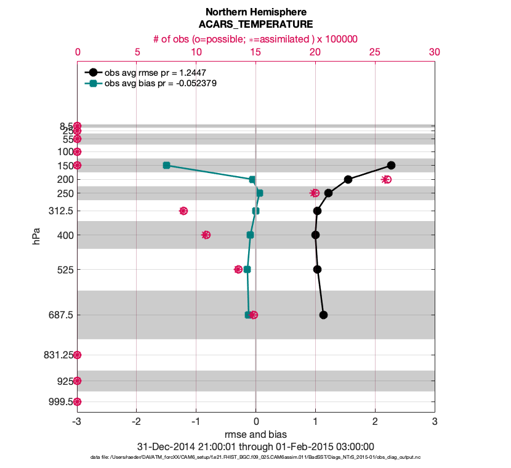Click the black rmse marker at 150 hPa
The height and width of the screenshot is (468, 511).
tap(391, 165)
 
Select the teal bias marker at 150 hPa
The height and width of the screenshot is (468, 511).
tap(166, 165)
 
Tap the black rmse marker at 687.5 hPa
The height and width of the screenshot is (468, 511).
tap(323, 315)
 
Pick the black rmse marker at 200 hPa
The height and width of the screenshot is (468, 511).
tap(348, 179)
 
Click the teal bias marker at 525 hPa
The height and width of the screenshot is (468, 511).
tap(247, 269)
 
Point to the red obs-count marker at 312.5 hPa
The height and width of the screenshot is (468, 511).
tap(183, 211)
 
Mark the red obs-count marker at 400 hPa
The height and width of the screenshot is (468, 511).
tap(206, 235)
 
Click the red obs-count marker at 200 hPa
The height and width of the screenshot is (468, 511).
tap(387, 179)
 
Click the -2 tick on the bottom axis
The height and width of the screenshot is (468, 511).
tap(136, 422)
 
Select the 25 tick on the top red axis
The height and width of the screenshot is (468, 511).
tap(374, 53)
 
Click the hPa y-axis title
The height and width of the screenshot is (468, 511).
tap(36, 236)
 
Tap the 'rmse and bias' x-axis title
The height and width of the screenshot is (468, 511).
tap(255, 435)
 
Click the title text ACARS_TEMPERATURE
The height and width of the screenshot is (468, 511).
tap(255, 25)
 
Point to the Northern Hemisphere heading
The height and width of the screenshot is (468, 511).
tap(255, 12)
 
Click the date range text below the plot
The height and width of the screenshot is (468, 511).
tap(255, 446)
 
